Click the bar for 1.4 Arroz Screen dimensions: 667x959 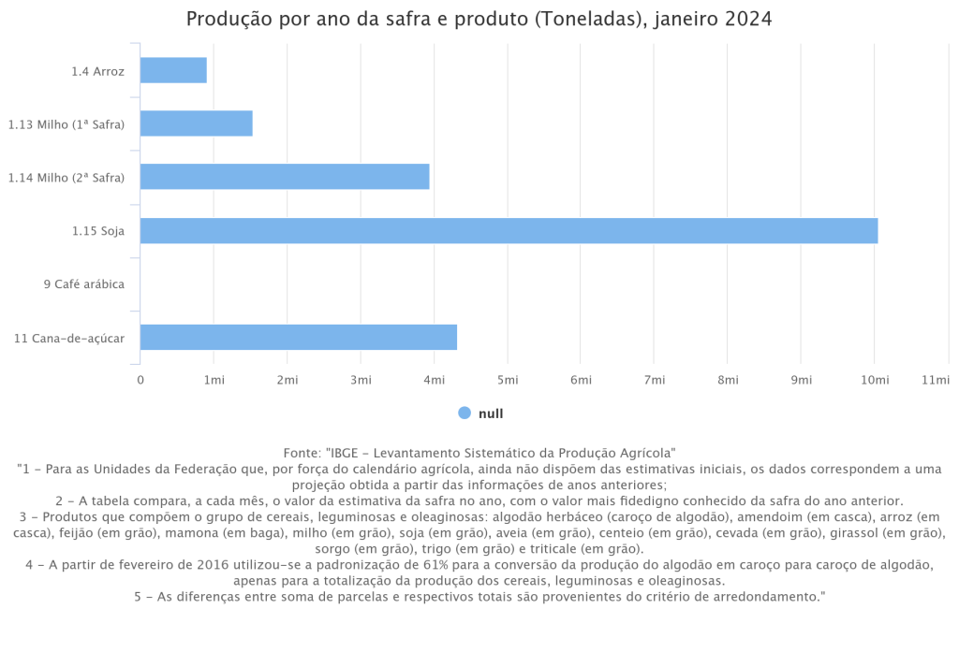tap(173, 70)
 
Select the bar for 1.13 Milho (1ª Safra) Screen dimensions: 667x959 tap(197, 123)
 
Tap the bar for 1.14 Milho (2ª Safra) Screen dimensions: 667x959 tap(285, 177)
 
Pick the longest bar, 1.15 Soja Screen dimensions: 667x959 tap(509, 230)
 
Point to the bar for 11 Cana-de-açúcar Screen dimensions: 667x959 tap(299, 337)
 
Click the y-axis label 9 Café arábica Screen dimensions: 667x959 tap(84, 283)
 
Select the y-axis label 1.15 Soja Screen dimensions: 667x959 tap(98, 230)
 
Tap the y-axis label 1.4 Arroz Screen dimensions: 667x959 tap(97, 71)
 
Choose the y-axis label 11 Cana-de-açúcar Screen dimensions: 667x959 tap(69, 338)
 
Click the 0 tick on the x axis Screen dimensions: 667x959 tap(140, 379)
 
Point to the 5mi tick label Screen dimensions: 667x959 tap(508, 379)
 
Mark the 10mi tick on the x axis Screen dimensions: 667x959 tap(875, 379)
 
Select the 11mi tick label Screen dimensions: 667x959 tap(937, 379)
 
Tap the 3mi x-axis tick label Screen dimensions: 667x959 tap(361, 379)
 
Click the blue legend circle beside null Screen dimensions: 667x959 tap(465, 413)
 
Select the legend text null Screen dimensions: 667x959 tap(491, 413)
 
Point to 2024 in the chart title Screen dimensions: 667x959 tap(748, 20)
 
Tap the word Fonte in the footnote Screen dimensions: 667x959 tap(301, 452)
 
